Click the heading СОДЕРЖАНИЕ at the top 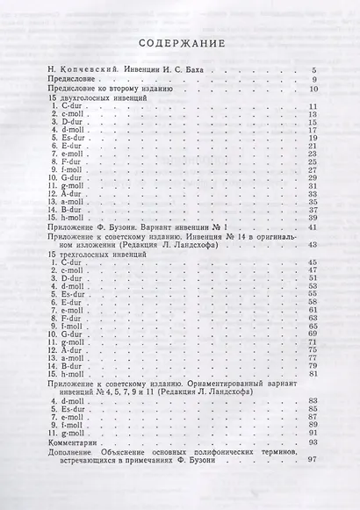point(180,44)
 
